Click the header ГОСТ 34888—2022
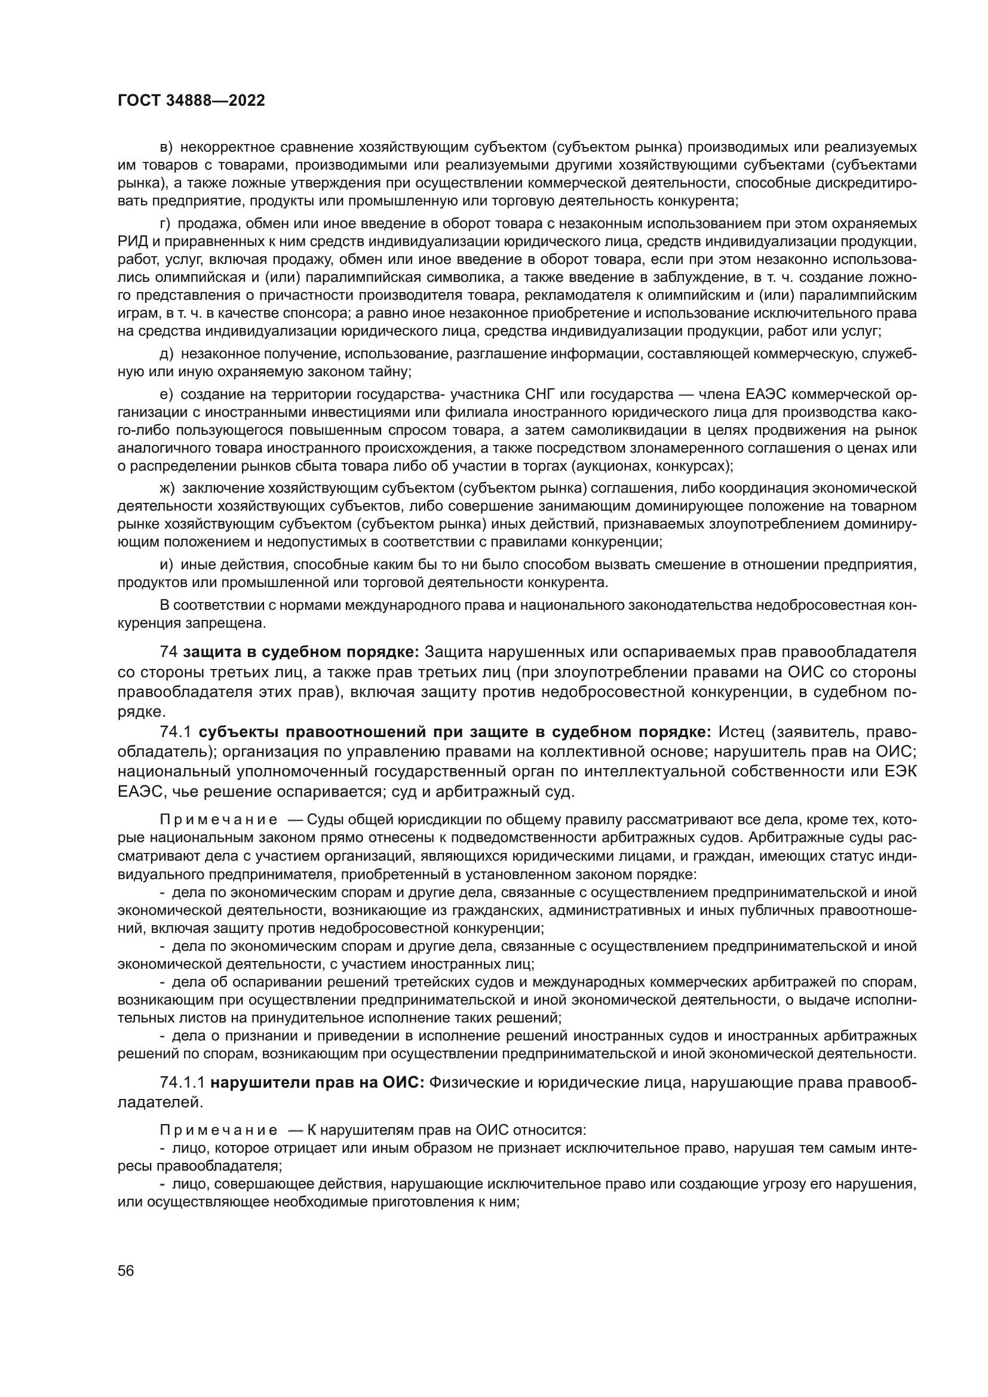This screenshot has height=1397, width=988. click(x=191, y=101)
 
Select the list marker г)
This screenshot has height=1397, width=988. click(x=165, y=223)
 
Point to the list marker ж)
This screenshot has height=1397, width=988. click(x=167, y=488)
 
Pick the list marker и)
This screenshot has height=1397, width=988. click(x=166, y=564)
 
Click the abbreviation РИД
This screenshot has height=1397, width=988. click(x=131, y=241)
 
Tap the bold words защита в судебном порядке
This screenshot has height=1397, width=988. click(x=301, y=652)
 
